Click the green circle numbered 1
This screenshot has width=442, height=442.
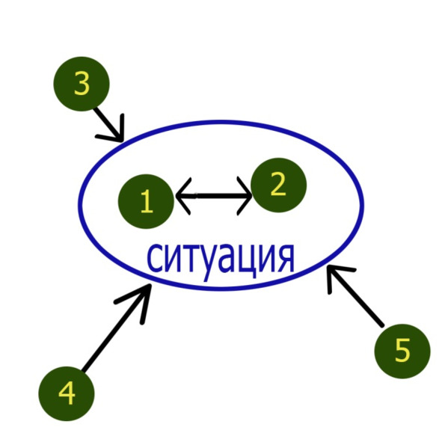[x=146, y=201]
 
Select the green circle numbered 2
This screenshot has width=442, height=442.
[x=278, y=185]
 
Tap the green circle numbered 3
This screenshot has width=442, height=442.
[x=82, y=84]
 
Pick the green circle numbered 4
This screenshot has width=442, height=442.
[x=67, y=394]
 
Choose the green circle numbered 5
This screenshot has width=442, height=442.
[x=402, y=352]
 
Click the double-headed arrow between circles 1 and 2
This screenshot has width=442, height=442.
[x=213, y=196]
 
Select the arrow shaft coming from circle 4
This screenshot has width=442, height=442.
[x=116, y=328]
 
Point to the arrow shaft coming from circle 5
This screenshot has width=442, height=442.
[x=356, y=297]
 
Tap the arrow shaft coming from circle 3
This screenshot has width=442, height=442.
[x=108, y=124]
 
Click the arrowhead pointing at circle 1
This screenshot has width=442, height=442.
[x=183, y=196]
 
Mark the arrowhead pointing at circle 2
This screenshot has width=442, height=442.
[x=245, y=196]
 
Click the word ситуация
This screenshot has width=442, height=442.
[x=221, y=259]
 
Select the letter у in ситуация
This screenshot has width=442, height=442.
[x=209, y=263]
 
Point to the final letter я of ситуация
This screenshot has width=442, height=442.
[x=286, y=259]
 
